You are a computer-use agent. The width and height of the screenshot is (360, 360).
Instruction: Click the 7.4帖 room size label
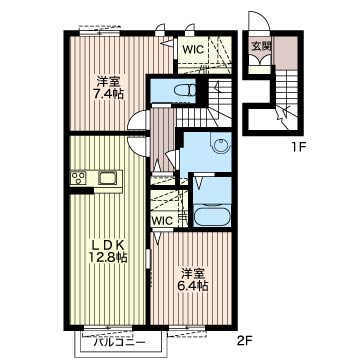(109, 94)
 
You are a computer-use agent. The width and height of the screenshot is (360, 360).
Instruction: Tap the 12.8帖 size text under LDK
(108, 257)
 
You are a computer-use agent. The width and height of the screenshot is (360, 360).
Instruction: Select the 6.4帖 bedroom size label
(193, 286)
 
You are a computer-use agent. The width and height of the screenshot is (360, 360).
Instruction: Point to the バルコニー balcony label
(119, 342)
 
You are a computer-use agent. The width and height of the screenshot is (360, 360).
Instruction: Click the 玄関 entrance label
(261, 47)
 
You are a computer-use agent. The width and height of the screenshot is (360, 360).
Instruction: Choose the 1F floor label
(297, 147)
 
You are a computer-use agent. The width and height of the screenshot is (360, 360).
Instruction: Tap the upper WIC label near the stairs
(193, 50)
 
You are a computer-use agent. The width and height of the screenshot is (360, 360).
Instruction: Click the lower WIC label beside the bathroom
(163, 220)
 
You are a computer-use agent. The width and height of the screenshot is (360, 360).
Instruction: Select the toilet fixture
(187, 90)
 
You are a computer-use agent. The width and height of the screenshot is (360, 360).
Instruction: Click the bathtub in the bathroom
(212, 217)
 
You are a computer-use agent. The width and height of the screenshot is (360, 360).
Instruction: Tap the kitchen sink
(107, 178)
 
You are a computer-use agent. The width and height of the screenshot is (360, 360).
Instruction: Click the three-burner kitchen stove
(79, 178)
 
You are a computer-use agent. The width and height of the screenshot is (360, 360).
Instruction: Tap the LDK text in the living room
(108, 246)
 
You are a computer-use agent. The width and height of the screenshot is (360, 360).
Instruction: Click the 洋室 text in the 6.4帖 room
(193, 274)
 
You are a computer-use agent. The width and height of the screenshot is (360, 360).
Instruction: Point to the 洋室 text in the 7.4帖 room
(108, 82)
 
